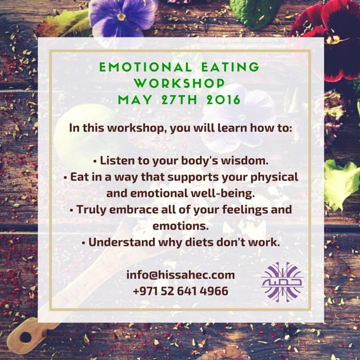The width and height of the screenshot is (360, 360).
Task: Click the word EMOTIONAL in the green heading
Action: pos(146,67)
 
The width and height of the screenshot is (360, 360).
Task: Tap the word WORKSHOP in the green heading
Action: pos(179,83)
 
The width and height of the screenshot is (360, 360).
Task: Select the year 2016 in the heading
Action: pos(223,100)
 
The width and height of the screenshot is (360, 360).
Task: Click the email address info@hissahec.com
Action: pos(181,275)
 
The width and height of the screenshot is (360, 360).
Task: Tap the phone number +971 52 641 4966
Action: pos(181,291)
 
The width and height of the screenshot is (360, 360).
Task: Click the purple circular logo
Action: pos(282,282)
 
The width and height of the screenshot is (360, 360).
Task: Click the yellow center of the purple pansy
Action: pos(121,16)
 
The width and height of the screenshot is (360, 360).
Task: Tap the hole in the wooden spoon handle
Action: pos(26,337)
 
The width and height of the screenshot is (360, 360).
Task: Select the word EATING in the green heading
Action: pos(230,67)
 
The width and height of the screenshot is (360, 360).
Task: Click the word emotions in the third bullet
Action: pos(181,226)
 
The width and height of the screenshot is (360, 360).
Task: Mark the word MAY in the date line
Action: pos(135,100)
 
